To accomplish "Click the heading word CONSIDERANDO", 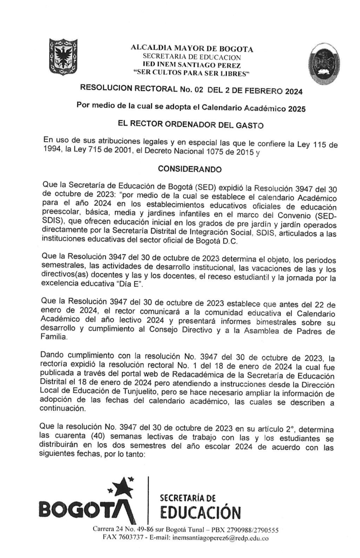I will [x=190, y=169].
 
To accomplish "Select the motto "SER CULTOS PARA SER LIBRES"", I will [x=192, y=73].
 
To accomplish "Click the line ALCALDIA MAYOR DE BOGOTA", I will [x=192, y=48].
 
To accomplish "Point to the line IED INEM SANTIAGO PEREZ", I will [x=192, y=65].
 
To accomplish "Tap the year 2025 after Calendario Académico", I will [x=297, y=109].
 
